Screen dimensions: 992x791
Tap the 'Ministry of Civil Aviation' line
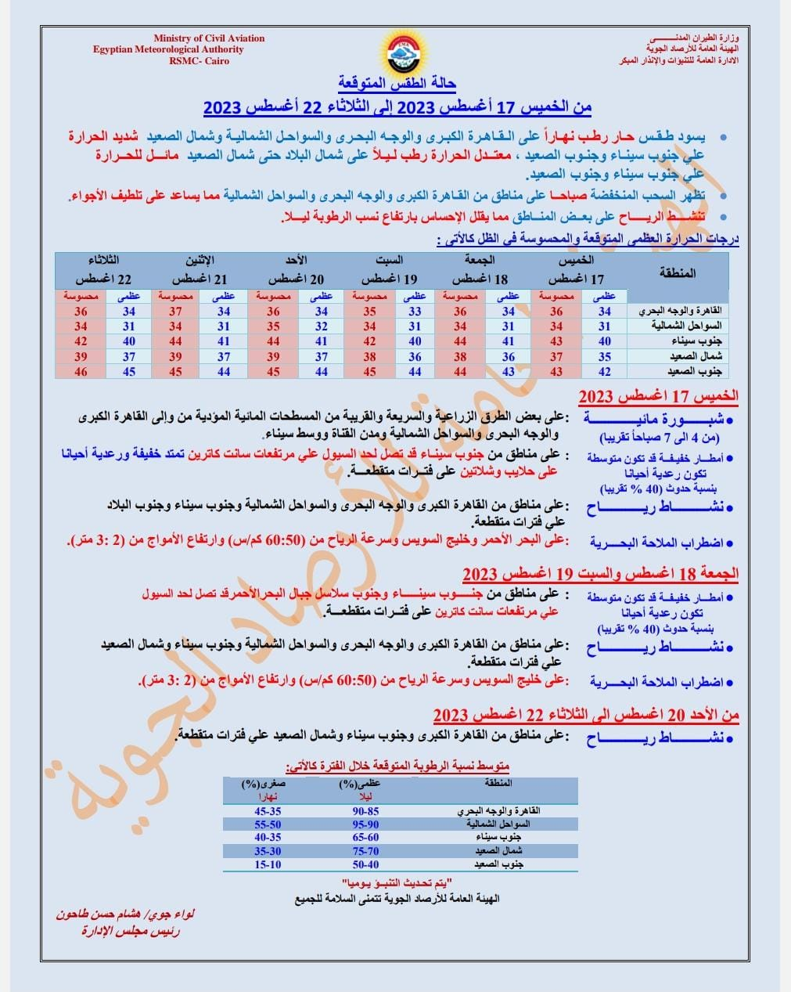point(209,38)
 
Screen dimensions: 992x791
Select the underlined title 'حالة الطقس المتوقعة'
point(398,84)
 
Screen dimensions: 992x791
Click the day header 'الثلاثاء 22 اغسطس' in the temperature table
point(103,269)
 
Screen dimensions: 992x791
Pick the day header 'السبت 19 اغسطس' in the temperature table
point(389,269)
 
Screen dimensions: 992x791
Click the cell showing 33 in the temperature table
point(414,312)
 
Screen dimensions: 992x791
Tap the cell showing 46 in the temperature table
point(81,372)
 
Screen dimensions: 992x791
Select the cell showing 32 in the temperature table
point(322,326)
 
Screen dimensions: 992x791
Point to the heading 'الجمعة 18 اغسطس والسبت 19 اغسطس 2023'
point(600,574)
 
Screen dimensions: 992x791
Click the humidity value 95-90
point(365,825)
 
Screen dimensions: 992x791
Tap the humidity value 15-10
point(268,864)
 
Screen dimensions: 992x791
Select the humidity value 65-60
point(365,838)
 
